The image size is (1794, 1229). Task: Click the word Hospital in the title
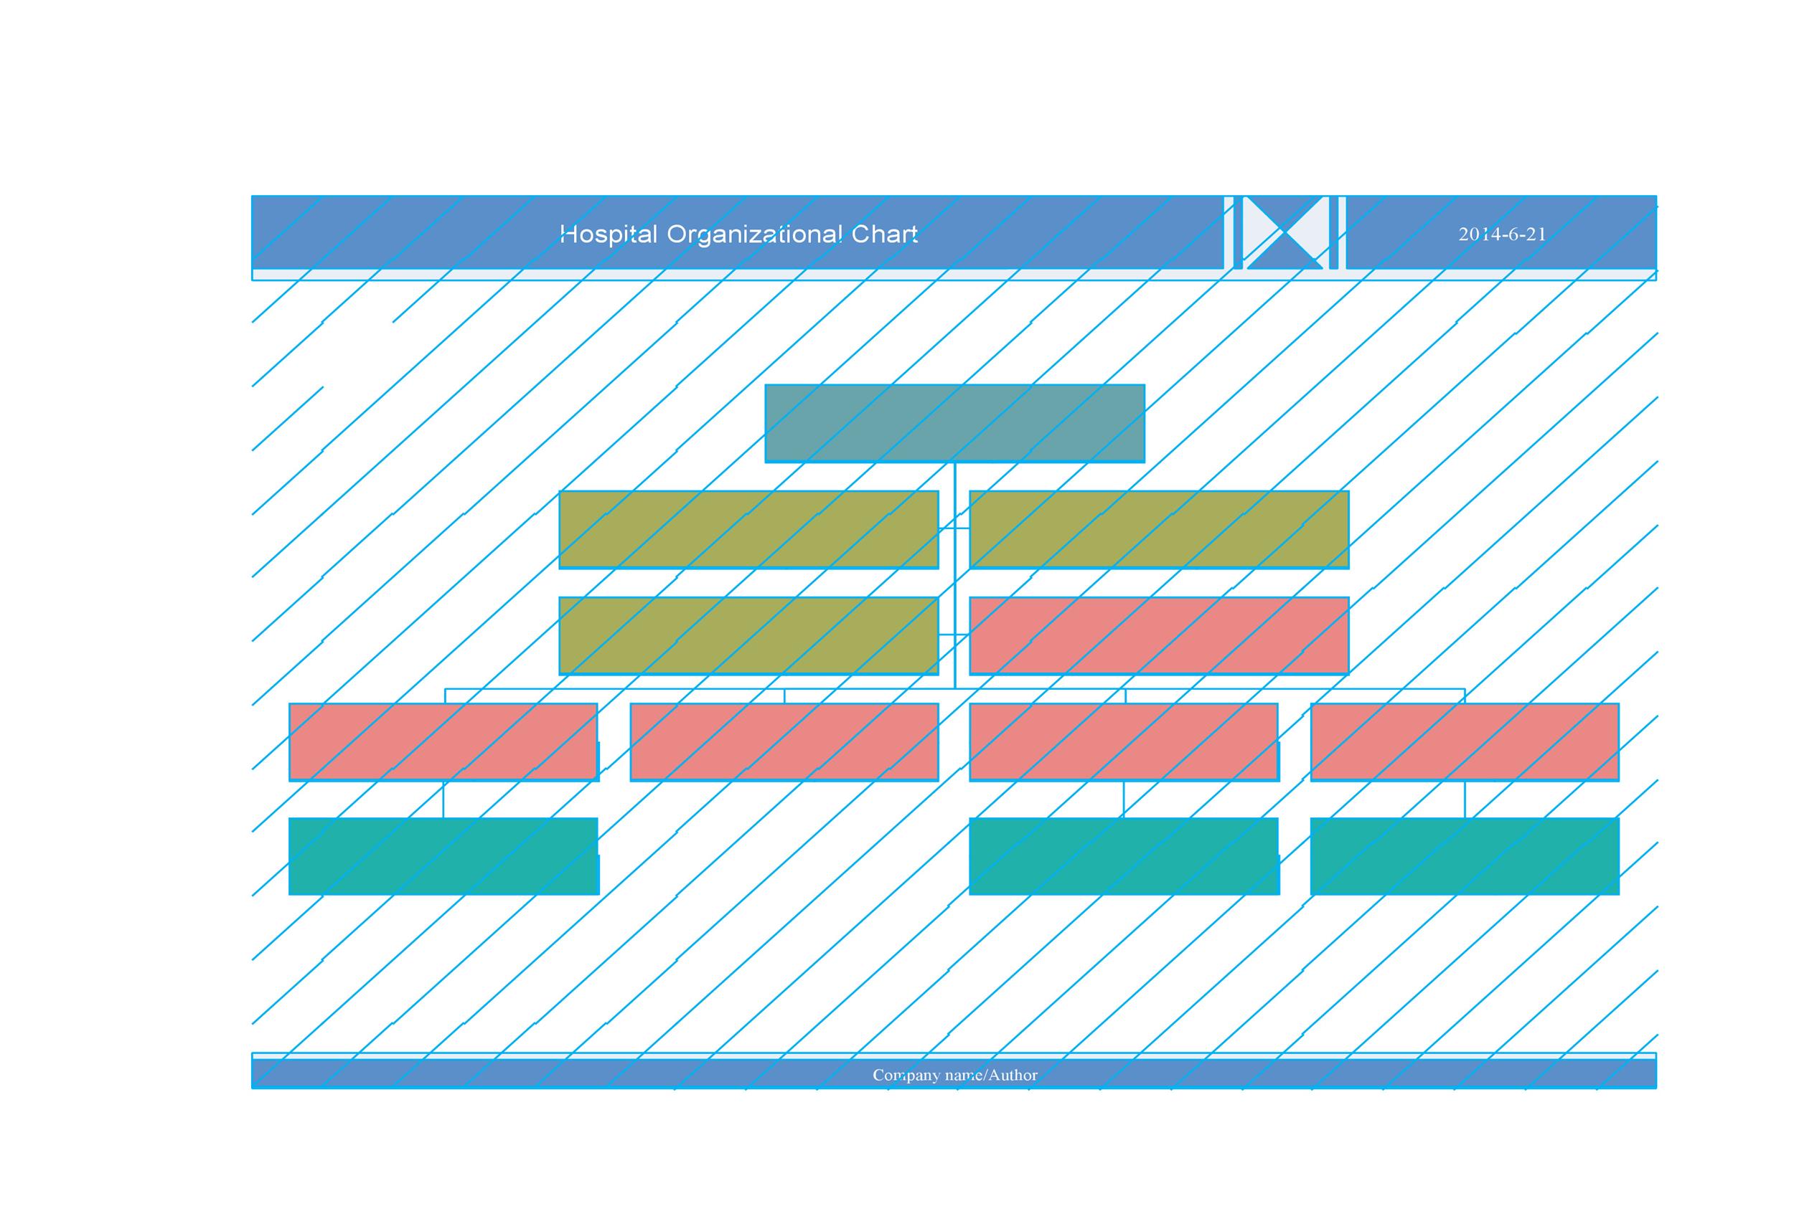[x=609, y=234]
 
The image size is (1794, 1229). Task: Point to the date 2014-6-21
[x=1501, y=234]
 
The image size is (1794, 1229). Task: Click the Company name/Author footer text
[x=955, y=1075]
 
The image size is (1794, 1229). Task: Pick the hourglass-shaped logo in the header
[x=1285, y=232]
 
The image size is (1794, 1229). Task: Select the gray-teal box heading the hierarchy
[x=954, y=424]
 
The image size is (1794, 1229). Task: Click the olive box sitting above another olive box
[x=748, y=530]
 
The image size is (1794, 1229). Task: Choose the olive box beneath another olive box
[x=748, y=636]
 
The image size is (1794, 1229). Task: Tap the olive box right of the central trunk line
[x=1159, y=530]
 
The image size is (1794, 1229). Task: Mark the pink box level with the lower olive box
[x=1159, y=636]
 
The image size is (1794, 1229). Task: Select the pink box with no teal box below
[x=784, y=742]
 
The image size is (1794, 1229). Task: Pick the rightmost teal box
[x=1465, y=856]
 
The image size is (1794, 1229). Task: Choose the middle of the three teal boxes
[x=1123, y=856]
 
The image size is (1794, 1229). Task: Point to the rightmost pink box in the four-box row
[x=1465, y=742]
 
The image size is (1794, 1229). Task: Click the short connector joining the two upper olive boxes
[x=954, y=528]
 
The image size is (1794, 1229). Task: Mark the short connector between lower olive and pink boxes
[x=954, y=635]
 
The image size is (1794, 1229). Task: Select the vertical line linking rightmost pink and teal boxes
[x=1465, y=799]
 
